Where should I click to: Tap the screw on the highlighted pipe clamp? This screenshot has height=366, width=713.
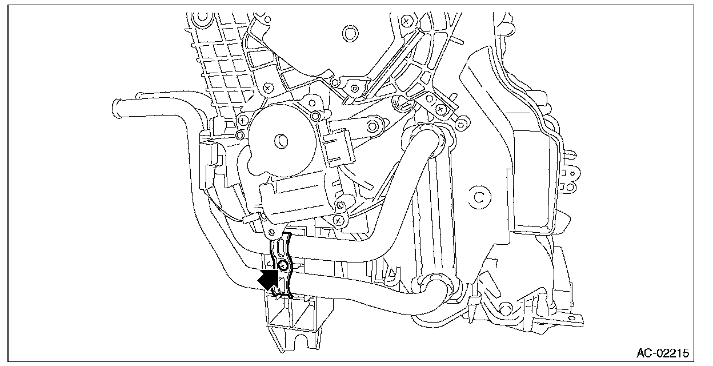[282, 265]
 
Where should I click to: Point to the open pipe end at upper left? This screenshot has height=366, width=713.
[115, 106]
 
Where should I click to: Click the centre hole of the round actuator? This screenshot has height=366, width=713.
[281, 139]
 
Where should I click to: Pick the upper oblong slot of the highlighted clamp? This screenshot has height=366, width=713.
[280, 247]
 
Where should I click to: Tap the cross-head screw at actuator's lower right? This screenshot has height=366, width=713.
[338, 218]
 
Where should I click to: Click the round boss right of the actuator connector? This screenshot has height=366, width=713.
[375, 124]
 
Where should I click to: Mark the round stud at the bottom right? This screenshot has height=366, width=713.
[504, 309]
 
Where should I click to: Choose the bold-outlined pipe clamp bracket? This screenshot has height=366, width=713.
[281, 265]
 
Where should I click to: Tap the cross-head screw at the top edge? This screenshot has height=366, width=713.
[406, 21]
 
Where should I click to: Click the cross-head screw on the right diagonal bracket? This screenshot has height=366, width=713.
[440, 108]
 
